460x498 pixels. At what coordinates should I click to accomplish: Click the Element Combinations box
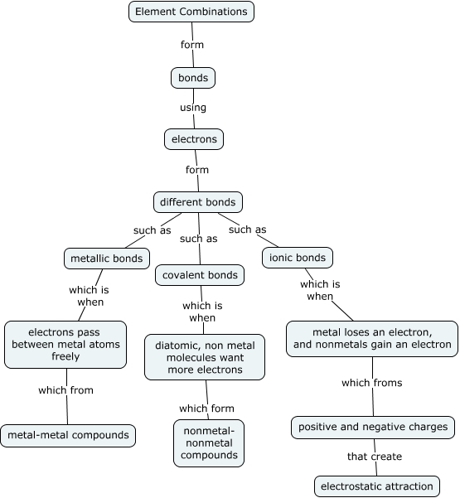191,12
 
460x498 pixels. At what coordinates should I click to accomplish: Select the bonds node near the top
193,78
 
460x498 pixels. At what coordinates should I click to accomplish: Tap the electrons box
195,139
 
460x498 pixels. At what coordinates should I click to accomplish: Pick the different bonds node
197,201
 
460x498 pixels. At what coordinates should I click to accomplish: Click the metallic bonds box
108,258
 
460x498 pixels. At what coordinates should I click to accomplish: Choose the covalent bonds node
199,275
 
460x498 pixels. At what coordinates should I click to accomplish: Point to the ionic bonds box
297,257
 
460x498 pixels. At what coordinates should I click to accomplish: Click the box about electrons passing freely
65,345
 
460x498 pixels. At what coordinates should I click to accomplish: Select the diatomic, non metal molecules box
205,356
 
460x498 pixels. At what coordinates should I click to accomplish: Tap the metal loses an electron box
371,339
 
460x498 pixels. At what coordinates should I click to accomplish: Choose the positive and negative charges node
373,428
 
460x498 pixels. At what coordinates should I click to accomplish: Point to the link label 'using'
193,108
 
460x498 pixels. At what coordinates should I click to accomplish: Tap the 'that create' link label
375,457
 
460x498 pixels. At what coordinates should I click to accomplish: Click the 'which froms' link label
371,383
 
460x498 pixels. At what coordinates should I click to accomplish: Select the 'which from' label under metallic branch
65,390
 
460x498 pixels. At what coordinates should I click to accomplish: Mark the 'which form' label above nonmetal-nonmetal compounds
206,409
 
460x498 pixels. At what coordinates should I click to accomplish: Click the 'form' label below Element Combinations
191,45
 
